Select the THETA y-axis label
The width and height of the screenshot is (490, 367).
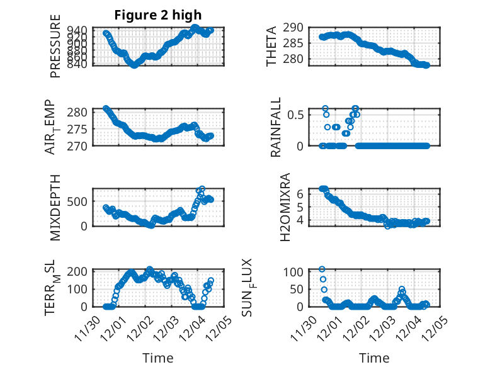click(271, 47)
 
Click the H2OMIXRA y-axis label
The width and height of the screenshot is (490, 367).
click(285, 207)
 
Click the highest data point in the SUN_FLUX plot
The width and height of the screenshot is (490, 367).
click(322, 269)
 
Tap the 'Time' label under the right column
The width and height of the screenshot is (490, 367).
click(374, 358)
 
